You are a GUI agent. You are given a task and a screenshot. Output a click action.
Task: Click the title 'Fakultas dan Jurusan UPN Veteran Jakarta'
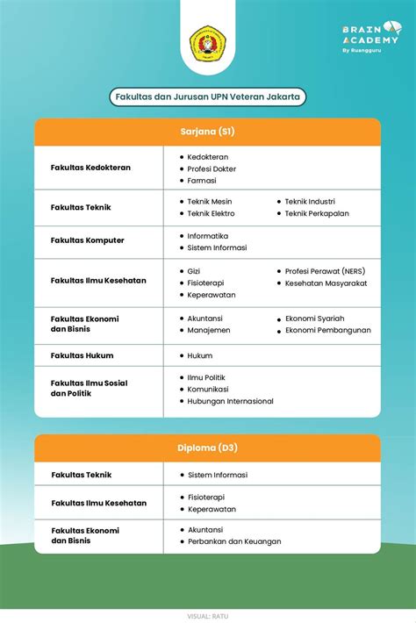208,97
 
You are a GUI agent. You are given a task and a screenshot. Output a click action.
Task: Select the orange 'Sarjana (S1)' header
208,132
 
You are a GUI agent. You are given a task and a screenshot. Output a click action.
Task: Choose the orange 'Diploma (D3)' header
208,448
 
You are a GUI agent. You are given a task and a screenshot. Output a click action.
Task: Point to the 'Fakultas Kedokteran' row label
90,168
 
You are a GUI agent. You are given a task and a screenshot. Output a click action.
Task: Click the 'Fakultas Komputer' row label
88,240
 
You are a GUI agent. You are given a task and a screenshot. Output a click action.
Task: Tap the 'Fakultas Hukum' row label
82,355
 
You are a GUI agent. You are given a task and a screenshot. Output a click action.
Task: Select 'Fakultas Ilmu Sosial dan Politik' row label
90,388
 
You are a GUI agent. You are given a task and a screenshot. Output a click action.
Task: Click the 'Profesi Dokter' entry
212,168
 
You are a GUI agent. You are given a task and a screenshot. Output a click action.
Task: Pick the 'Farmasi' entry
202,181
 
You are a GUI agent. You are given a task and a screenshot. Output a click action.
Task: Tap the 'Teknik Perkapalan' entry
317,213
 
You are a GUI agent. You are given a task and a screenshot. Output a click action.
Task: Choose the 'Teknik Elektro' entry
211,213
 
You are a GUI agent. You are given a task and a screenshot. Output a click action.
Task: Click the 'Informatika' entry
207,235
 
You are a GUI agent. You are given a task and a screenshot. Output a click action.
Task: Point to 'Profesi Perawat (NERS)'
326,271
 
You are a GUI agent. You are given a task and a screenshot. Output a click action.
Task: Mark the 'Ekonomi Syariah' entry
314,318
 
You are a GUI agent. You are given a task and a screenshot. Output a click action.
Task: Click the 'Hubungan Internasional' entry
230,401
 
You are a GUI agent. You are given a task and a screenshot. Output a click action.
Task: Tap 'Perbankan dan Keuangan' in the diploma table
234,541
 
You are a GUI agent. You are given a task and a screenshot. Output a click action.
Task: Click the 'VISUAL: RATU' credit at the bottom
208,616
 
